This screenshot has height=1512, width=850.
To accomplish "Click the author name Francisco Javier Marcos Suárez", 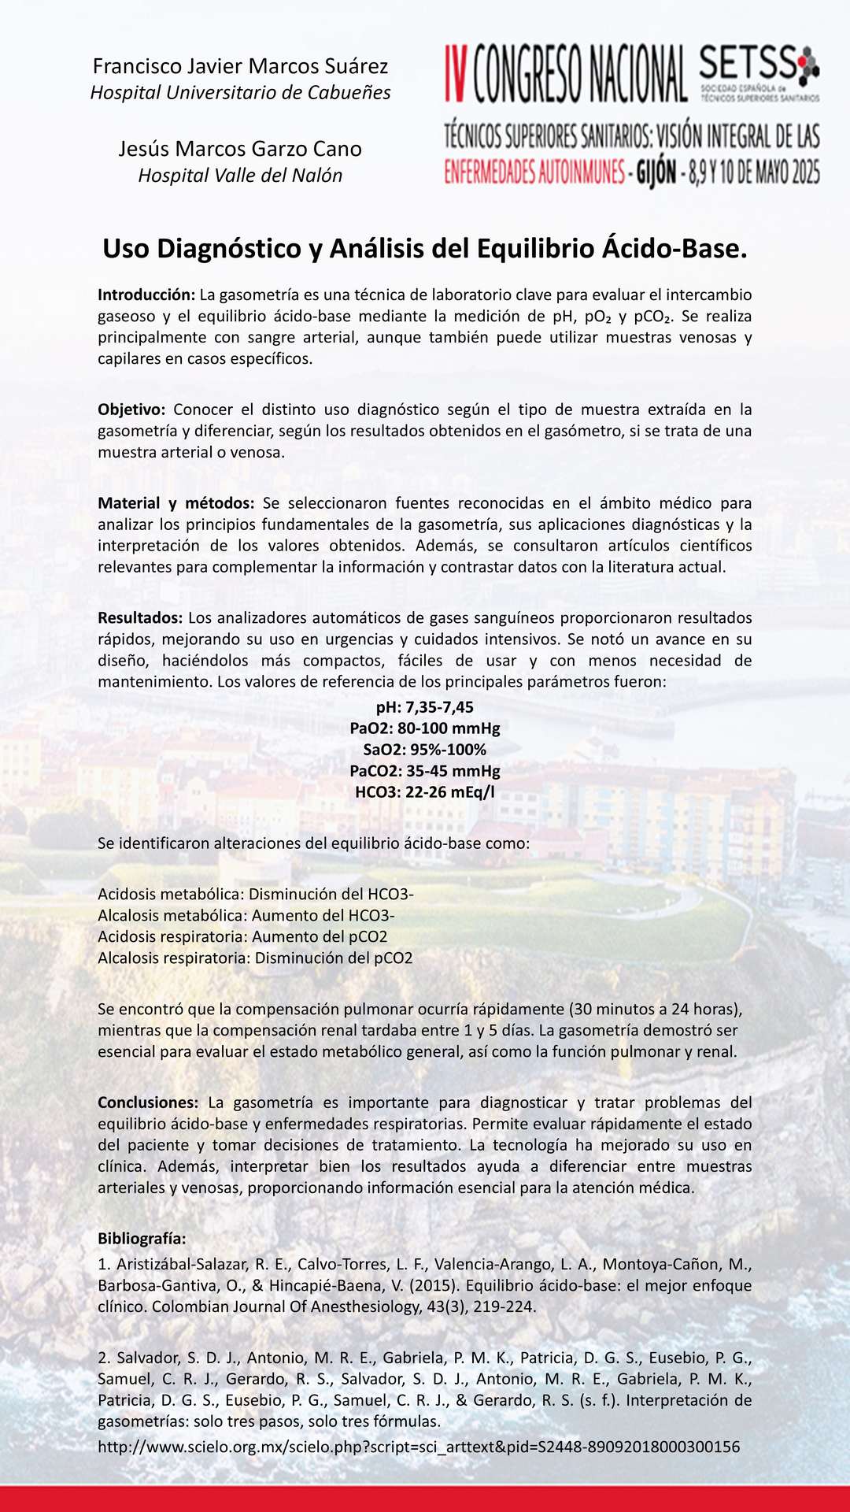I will (240, 66).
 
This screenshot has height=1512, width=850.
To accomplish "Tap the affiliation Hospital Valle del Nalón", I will (240, 176).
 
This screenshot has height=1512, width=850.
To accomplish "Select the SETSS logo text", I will (748, 64).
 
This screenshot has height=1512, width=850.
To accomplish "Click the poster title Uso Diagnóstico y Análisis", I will (425, 249).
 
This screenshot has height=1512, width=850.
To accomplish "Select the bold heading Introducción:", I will (146, 295).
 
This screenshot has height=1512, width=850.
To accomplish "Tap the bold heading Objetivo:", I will (131, 409).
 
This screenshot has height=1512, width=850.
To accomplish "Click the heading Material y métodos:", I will (176, 503).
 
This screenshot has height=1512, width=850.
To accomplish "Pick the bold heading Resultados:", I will (140, 618).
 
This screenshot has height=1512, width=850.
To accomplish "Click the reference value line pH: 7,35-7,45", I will (425, 707).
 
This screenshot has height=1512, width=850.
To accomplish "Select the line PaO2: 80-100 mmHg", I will (425, 728).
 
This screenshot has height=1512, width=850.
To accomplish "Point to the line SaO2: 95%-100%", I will (425, 750).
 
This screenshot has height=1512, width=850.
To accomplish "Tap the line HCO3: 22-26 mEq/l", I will (425, 792).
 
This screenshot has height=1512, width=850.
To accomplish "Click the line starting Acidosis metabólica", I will (256, 895).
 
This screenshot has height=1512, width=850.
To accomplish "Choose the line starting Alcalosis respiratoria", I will (255, 958).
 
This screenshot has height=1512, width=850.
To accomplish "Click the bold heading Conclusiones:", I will (148, 1102).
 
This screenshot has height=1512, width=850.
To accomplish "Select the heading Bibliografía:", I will (142, 1239).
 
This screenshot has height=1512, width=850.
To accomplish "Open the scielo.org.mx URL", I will (419, 1447).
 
